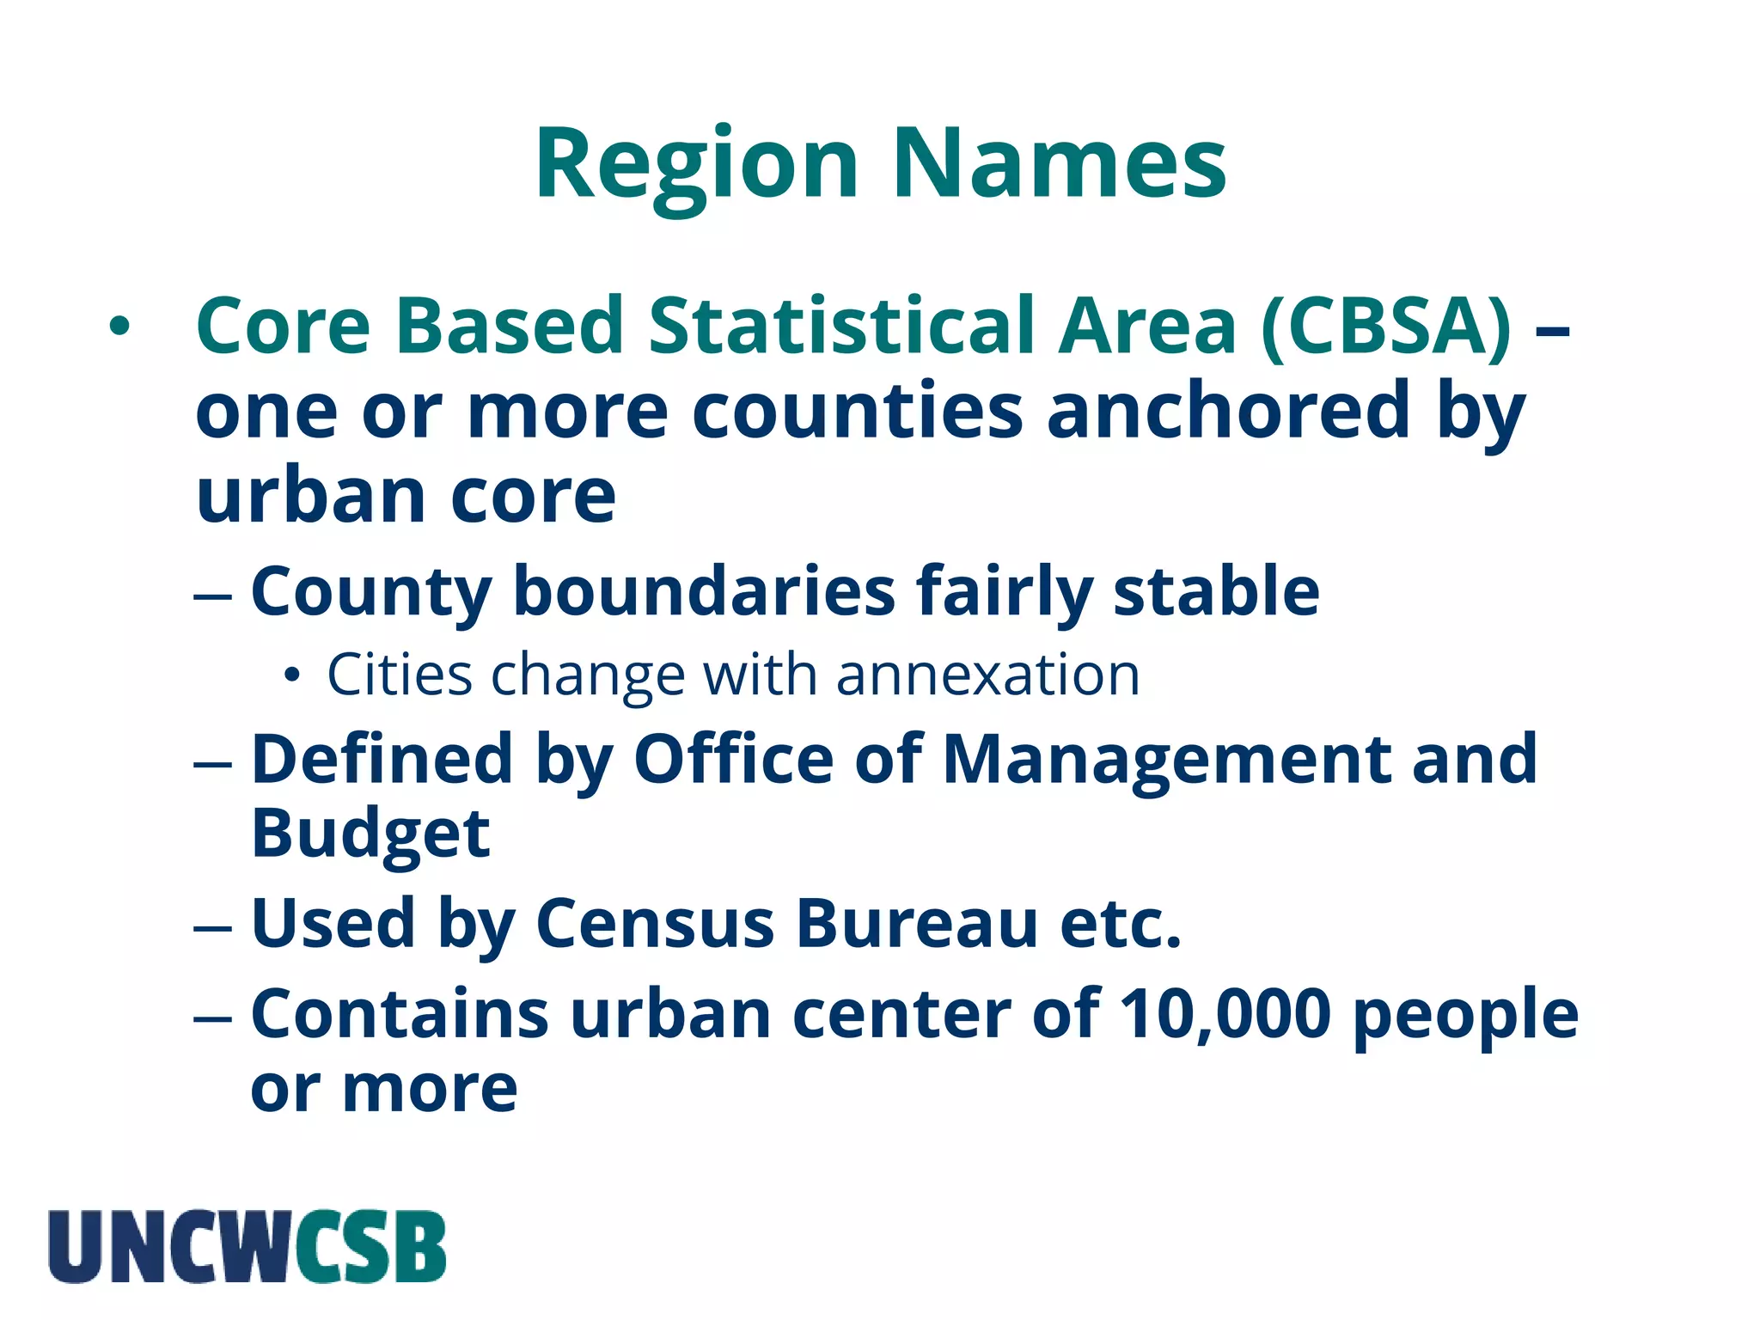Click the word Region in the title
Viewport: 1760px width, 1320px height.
tap(696, 165)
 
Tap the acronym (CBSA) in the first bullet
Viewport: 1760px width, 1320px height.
tap(1385, 326)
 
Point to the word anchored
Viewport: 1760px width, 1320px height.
tap(1228, 411)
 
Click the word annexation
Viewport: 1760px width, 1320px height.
tap(987, 675)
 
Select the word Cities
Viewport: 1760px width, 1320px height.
tap(400, 675)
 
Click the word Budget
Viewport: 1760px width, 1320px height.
tap(370, 834)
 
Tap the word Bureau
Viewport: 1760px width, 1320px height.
tap(917, 924)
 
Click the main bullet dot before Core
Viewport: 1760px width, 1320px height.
tap(119, 327)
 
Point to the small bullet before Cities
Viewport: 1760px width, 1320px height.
tap(293, 676)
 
